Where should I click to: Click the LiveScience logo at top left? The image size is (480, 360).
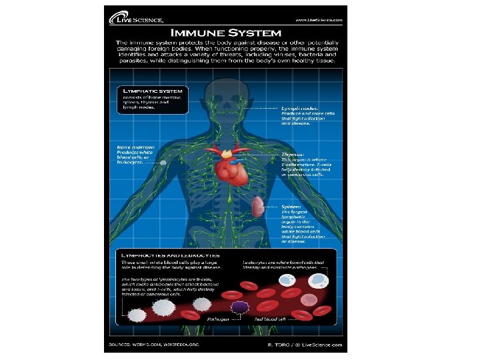pos(136,19)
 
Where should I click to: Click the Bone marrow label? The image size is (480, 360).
pos(136,146)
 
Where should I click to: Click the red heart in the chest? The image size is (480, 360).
pos(231,171)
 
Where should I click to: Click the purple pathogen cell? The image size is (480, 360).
pos(239,307)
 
